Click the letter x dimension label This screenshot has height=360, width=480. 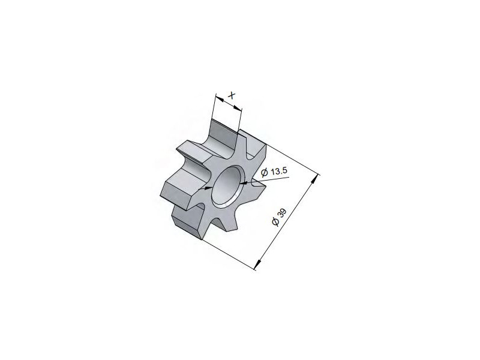click(x=232, y=95)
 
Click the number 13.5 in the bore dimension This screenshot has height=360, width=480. click(x=279, y=171)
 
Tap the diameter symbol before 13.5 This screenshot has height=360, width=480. click(x=265, y=173)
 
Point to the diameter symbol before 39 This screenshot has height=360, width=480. click(x=276, y=221)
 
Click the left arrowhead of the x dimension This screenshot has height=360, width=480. click(x=220, y=98)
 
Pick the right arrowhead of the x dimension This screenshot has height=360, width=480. click(x=238, y=108)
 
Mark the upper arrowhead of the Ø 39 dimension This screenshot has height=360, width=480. click(x=314, y=181)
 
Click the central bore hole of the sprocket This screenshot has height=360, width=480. click(x=227, y=186)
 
